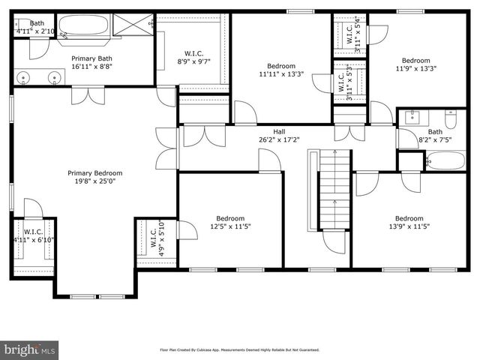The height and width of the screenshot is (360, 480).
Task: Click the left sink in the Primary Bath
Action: pos(25,76)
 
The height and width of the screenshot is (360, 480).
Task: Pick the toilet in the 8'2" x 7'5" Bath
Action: pos(451,119)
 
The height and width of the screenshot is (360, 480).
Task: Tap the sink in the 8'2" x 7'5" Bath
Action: pos(412,117)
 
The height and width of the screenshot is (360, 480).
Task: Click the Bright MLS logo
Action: pos(29,349)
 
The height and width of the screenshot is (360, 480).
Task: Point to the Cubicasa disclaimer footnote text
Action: pos(239,349)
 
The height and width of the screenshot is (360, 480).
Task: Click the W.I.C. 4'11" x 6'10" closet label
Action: pos(31,235)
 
